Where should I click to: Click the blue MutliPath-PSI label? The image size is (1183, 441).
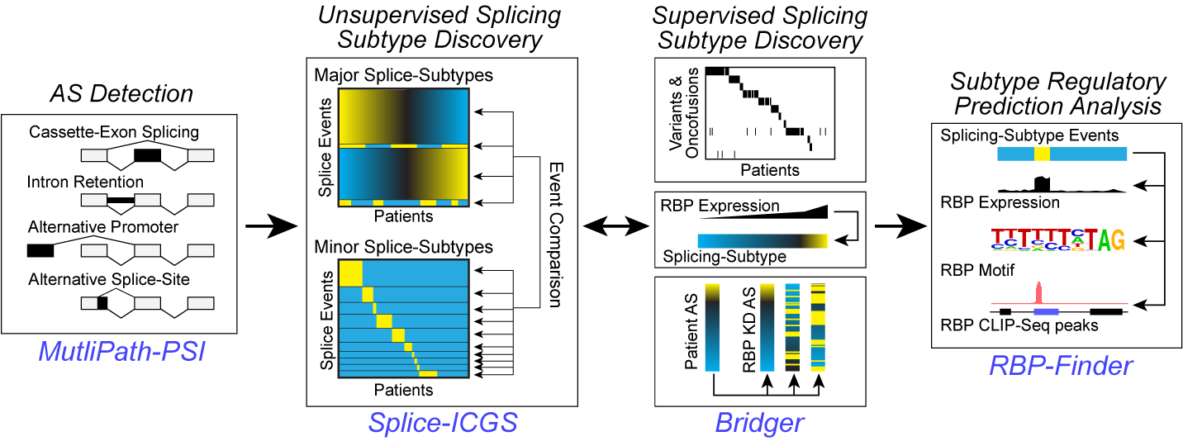click(121, 353)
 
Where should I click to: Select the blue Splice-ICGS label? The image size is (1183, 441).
click(442, 423)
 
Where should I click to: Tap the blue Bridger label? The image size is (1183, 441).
click(759, 423)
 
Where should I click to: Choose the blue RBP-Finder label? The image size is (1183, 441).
click(1060, 365)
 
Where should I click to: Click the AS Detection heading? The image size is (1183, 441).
click(121, 93)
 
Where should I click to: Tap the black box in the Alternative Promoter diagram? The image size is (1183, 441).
click(40, 249)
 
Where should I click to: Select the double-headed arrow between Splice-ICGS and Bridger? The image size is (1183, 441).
click(615, 225)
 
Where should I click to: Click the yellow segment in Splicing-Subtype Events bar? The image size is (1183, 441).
click(1042, 154)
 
